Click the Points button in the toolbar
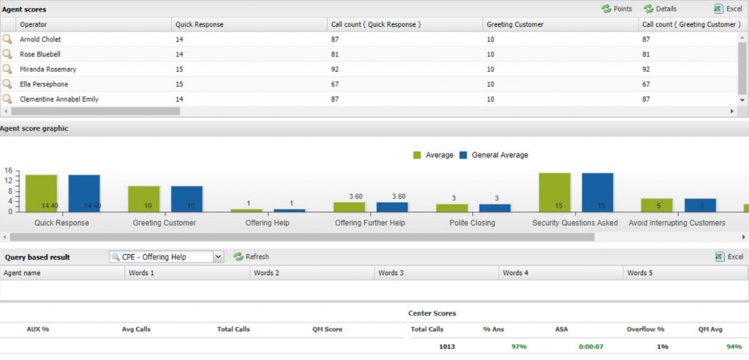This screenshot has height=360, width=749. click(x=617, y=9)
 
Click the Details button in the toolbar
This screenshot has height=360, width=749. click(x=660, y=9)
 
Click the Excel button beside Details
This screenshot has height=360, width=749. click(x=729, y=9)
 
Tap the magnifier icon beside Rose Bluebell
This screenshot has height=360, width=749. click(x=7, y=54)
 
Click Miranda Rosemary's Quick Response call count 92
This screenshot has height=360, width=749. click(x=336, y=70)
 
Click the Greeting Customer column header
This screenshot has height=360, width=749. click(x=515, y=25)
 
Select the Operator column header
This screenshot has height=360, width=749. click(x=34, y=25)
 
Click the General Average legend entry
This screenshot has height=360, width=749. click(x=494, y=155)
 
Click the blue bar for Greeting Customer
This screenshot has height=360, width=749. click(x=187, y=198)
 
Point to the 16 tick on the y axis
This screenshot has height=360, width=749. click(x=8, y=172)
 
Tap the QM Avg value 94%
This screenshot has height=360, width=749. click(x=723, y=346)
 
